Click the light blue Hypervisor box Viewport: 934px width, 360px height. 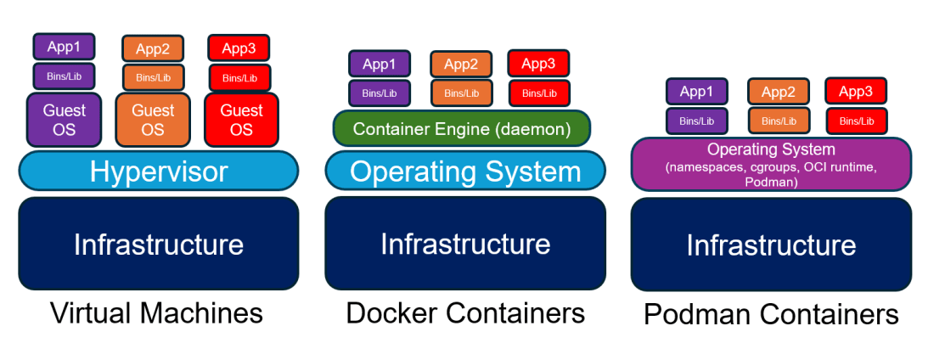[159, 172]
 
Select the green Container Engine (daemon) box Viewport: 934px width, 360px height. [461, 129]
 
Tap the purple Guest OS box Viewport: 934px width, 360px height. [65, 120]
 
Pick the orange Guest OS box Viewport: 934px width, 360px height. [153, 120]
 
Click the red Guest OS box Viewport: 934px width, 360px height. [241, 120]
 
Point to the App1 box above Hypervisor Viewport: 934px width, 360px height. [65, 48]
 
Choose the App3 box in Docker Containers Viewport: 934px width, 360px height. [538, 64]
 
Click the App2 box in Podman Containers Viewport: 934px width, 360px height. [778, 92]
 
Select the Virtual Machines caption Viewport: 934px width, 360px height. [157, 313]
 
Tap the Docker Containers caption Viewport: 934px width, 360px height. [465, 313]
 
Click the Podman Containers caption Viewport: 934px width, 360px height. [771, 315]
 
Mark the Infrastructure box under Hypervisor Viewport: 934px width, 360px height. [159, 245]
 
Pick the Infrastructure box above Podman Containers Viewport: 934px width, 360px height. [771, 245]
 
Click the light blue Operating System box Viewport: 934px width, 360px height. [465, 172]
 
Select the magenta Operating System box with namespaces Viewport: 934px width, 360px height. [771, 165]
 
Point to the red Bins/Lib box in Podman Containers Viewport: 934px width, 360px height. [856, 121]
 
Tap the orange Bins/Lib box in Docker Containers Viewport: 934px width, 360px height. [461, 93]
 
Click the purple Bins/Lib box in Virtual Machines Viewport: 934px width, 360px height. [65, 76]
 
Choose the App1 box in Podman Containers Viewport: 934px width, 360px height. [696, 92]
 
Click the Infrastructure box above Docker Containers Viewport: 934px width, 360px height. [465, 245]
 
